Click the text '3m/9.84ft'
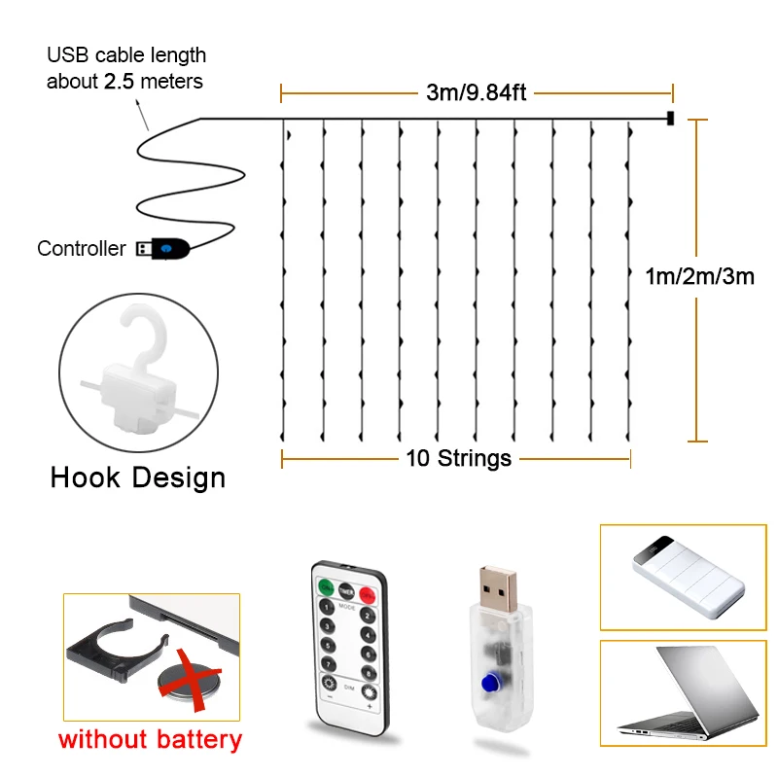(476, 93)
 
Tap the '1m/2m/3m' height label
(699, 276)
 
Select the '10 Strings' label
(458, 458)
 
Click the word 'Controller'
(82, 249)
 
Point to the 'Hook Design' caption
(138, 477)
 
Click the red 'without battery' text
(150, 739)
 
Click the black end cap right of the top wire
(670, 119)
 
